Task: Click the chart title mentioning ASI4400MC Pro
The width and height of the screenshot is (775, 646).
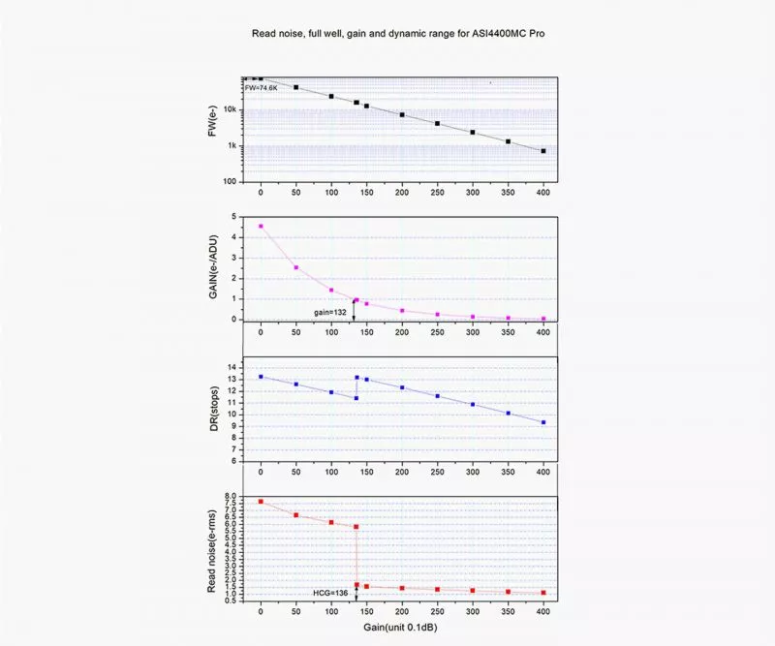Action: [398, 33]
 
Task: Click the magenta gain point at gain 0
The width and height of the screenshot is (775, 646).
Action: [261, 226]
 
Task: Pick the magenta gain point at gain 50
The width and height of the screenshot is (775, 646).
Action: [295, 267]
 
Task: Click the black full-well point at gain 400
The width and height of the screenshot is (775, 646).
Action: [543, 151]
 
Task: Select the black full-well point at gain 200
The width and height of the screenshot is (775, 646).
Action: [402, 114]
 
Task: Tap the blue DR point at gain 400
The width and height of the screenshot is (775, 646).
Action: [543, 422]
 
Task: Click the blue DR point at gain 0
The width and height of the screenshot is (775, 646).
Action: [261, 376]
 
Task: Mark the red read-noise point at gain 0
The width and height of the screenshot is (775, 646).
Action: [261, 501]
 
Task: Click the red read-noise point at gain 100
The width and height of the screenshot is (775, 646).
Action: [331, 522]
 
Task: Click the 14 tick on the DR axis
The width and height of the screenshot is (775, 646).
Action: [232, 367]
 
